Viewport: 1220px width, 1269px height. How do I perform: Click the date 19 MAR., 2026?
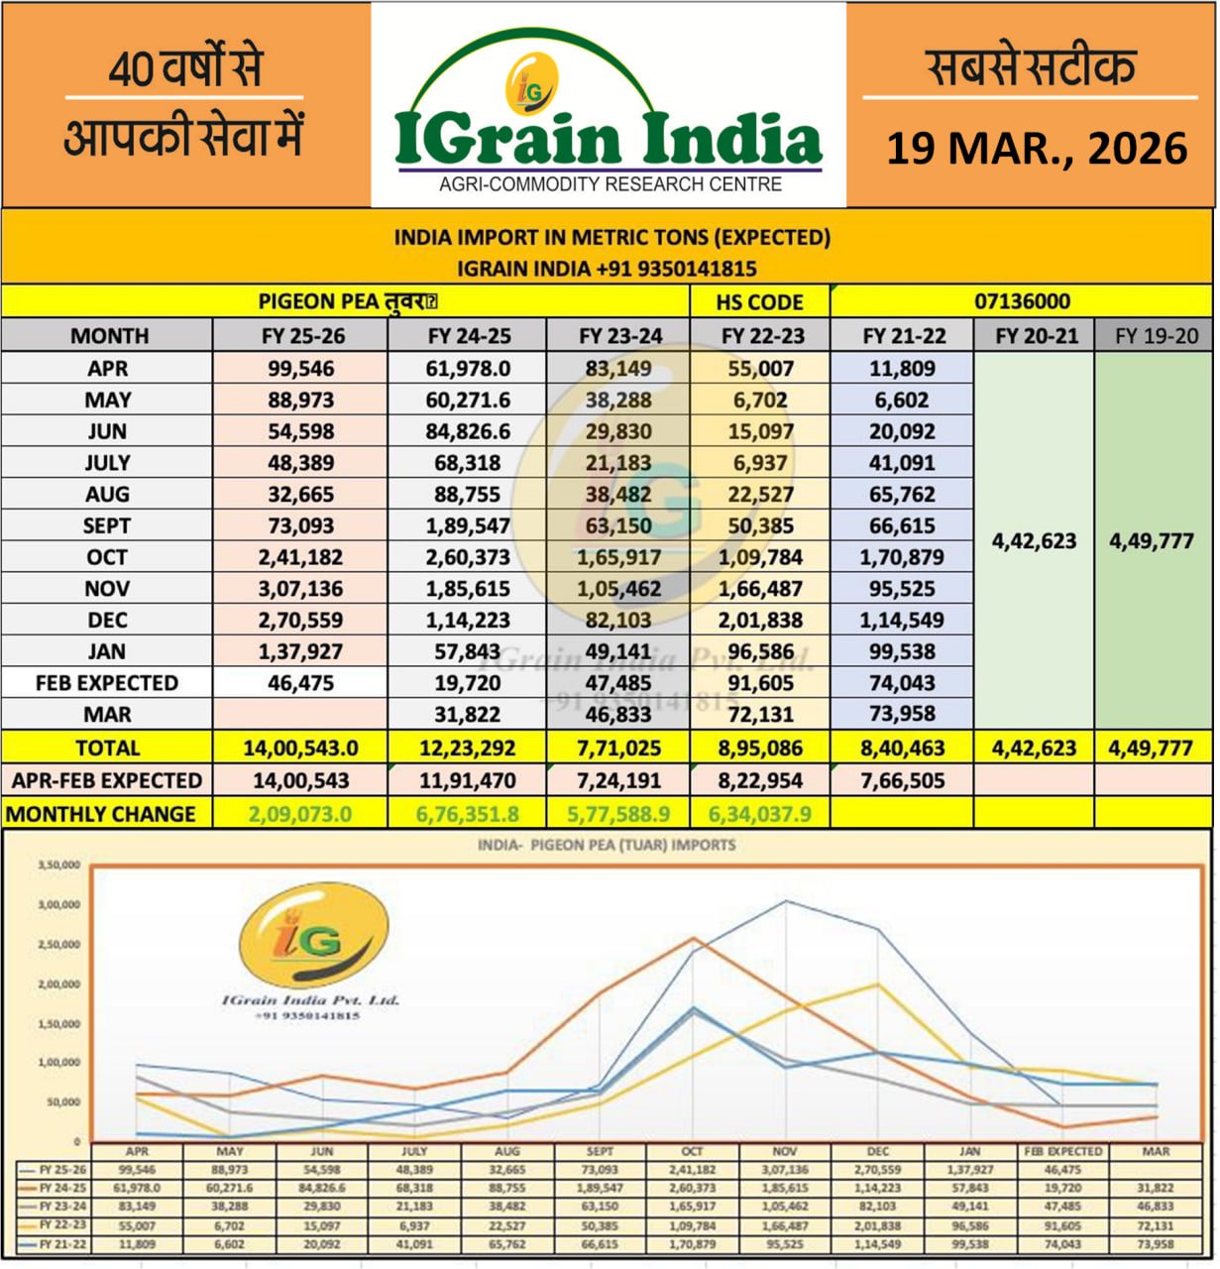coord(1036,149)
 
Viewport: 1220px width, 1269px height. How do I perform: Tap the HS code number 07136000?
coord(1022,301)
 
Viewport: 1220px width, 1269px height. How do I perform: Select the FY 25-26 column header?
coord(302,335)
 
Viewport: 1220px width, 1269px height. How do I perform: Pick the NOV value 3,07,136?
coord(300,589)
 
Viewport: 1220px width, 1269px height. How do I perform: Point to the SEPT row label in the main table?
coord(107,525)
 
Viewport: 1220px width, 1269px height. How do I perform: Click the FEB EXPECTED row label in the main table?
coord(107,683)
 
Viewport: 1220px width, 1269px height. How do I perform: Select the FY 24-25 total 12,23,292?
coord(468,749)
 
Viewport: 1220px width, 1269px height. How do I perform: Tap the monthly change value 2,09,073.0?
coord(300,814)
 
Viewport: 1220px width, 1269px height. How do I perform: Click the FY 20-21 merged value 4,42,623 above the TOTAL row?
coord(1035,541)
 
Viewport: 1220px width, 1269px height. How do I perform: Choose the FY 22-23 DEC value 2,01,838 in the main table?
coord(761,621)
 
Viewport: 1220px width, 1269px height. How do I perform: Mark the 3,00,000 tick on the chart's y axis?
coord(59,904)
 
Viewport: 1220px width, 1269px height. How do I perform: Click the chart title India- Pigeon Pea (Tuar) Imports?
coord(607,846)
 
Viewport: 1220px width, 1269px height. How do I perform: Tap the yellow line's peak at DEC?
coord(877,984)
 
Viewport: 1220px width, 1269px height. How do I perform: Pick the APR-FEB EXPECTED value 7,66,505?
coord(902,781)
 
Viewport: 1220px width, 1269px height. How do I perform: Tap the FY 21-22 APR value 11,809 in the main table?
coord(902,369)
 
